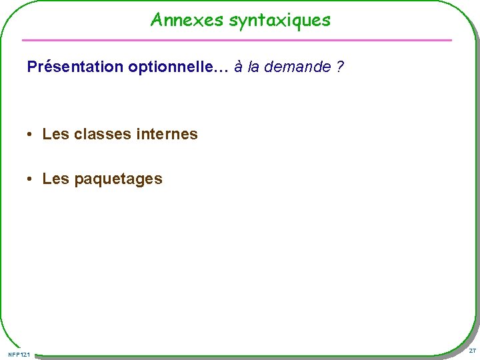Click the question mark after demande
point(341,67)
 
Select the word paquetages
point(118,179)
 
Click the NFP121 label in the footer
point(19,353)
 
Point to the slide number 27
point(471,351)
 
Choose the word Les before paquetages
point(55,179)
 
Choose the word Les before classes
point(55,134)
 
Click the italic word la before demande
point(253,67)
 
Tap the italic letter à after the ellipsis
point(238,67)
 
